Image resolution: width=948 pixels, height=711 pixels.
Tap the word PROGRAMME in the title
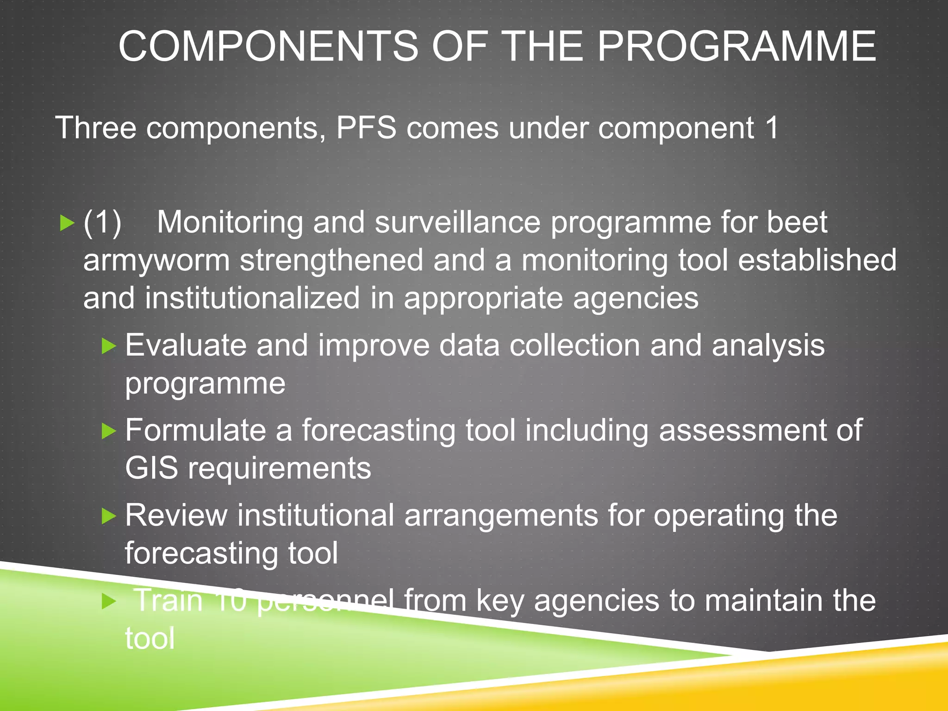click(x=736, y=46)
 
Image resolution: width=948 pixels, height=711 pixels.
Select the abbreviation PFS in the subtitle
click(x=366, y=128)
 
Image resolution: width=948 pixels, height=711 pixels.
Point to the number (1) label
click(x=102, y=223)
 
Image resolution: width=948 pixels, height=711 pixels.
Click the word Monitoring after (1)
click(x=230, y=223)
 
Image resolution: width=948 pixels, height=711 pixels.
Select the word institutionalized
click(x=252, y=299)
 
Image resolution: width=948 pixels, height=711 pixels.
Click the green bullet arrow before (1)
click(x=67, y=224)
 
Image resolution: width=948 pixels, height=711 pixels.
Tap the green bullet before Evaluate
click(x=109, y=346)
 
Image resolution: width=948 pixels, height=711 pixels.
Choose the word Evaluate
click(x=186, y=346)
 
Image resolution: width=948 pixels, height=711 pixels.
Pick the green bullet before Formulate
click(x=109, y=431)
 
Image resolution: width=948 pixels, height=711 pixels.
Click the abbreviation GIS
click(x=151, y=468)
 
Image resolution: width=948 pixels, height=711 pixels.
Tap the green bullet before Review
click(x=109, y=516)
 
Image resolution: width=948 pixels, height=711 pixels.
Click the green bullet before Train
click(x=109, y=601)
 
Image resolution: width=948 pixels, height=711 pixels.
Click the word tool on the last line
click(x=150, y=639)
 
